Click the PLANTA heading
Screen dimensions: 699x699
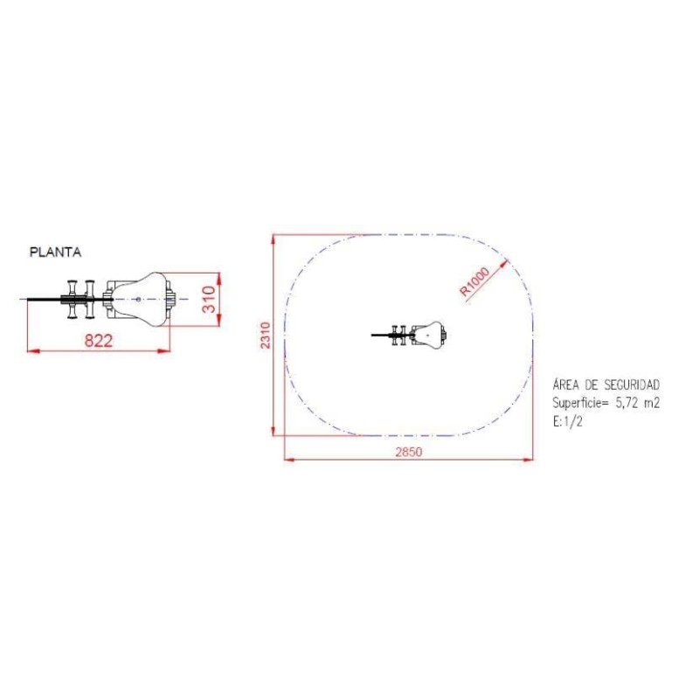(55, 253)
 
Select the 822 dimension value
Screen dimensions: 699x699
(99, 341)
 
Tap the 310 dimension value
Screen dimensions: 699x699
(209, 299)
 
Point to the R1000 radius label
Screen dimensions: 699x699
(474, 281)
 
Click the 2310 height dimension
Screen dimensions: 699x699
(266, 336)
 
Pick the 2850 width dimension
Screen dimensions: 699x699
(409, 452)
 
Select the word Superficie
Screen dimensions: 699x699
(577, 403)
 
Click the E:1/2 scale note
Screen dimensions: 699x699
(567, 422)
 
